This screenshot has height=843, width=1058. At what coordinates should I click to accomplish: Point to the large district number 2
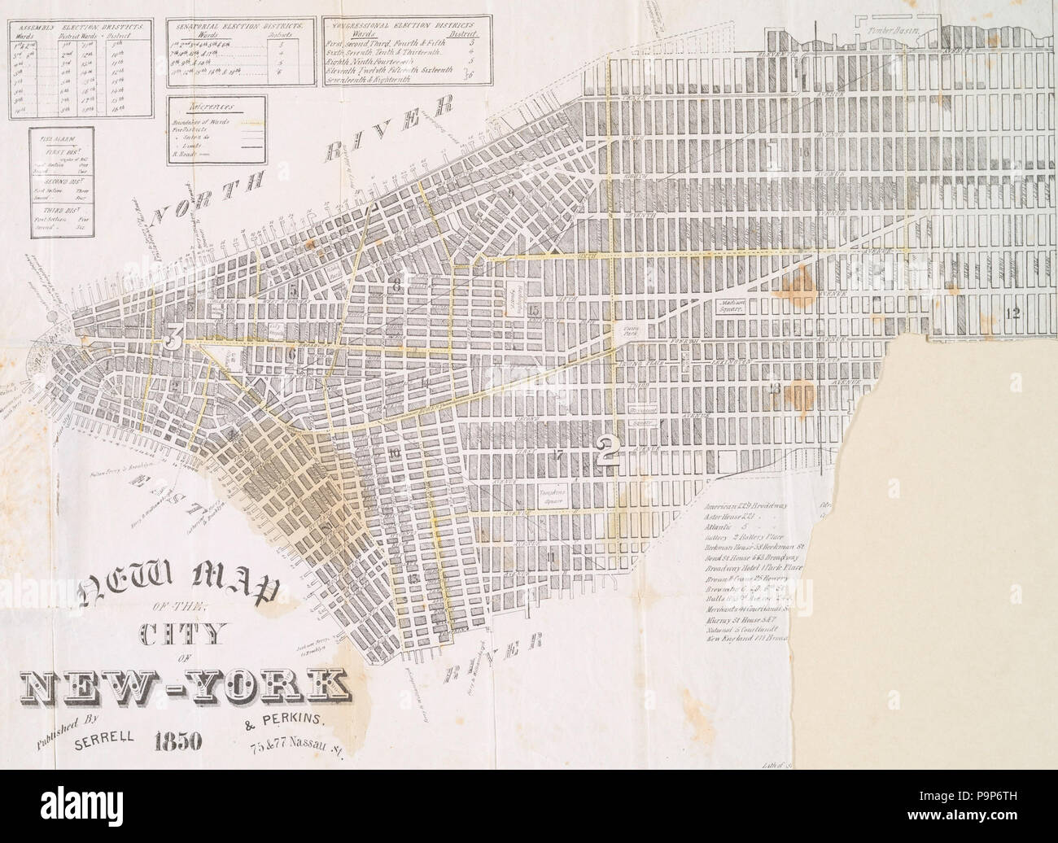(606, 450)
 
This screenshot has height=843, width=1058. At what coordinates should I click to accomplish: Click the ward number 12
(1012, 312)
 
